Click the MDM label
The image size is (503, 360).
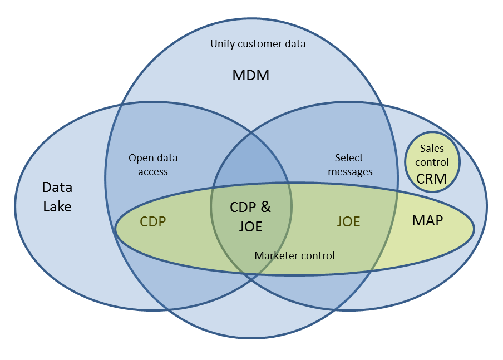(250, 75)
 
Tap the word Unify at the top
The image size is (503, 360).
(223, 43)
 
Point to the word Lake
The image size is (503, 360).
(57, 206)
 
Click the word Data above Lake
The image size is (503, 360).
(57, 188)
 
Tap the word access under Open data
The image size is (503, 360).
(153, 172)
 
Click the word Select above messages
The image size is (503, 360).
(349, 158)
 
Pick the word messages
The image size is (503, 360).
(350, 172)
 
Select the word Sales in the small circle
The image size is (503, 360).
(432, 149)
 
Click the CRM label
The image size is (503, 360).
(432, 179)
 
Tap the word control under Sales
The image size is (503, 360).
(432, 162)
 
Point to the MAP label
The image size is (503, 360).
(427, 220)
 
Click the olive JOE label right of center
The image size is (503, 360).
(348, 222)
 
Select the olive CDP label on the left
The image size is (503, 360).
(153, 222)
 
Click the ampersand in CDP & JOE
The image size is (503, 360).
(265, 207)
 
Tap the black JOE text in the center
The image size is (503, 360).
(250, 226)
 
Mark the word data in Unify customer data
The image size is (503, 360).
(295, 43)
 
